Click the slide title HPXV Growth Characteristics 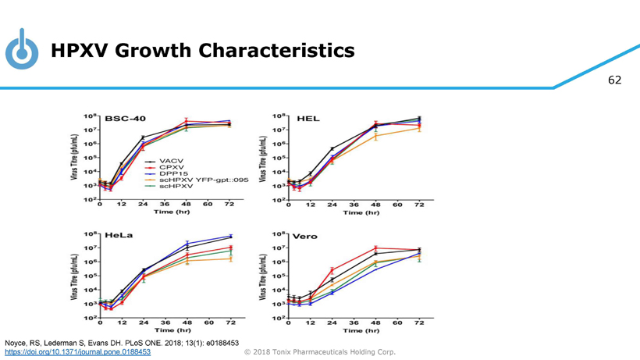point(202,52)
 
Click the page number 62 point(615,80)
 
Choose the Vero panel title point(307,236)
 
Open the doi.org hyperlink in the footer point(78,352)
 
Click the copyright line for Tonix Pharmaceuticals point(320,352)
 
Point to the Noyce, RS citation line point(122,343)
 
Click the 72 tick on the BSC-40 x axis point(229,205)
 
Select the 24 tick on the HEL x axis point(332,205)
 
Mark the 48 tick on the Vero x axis point(375,323)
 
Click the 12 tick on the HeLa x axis point(121,323)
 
